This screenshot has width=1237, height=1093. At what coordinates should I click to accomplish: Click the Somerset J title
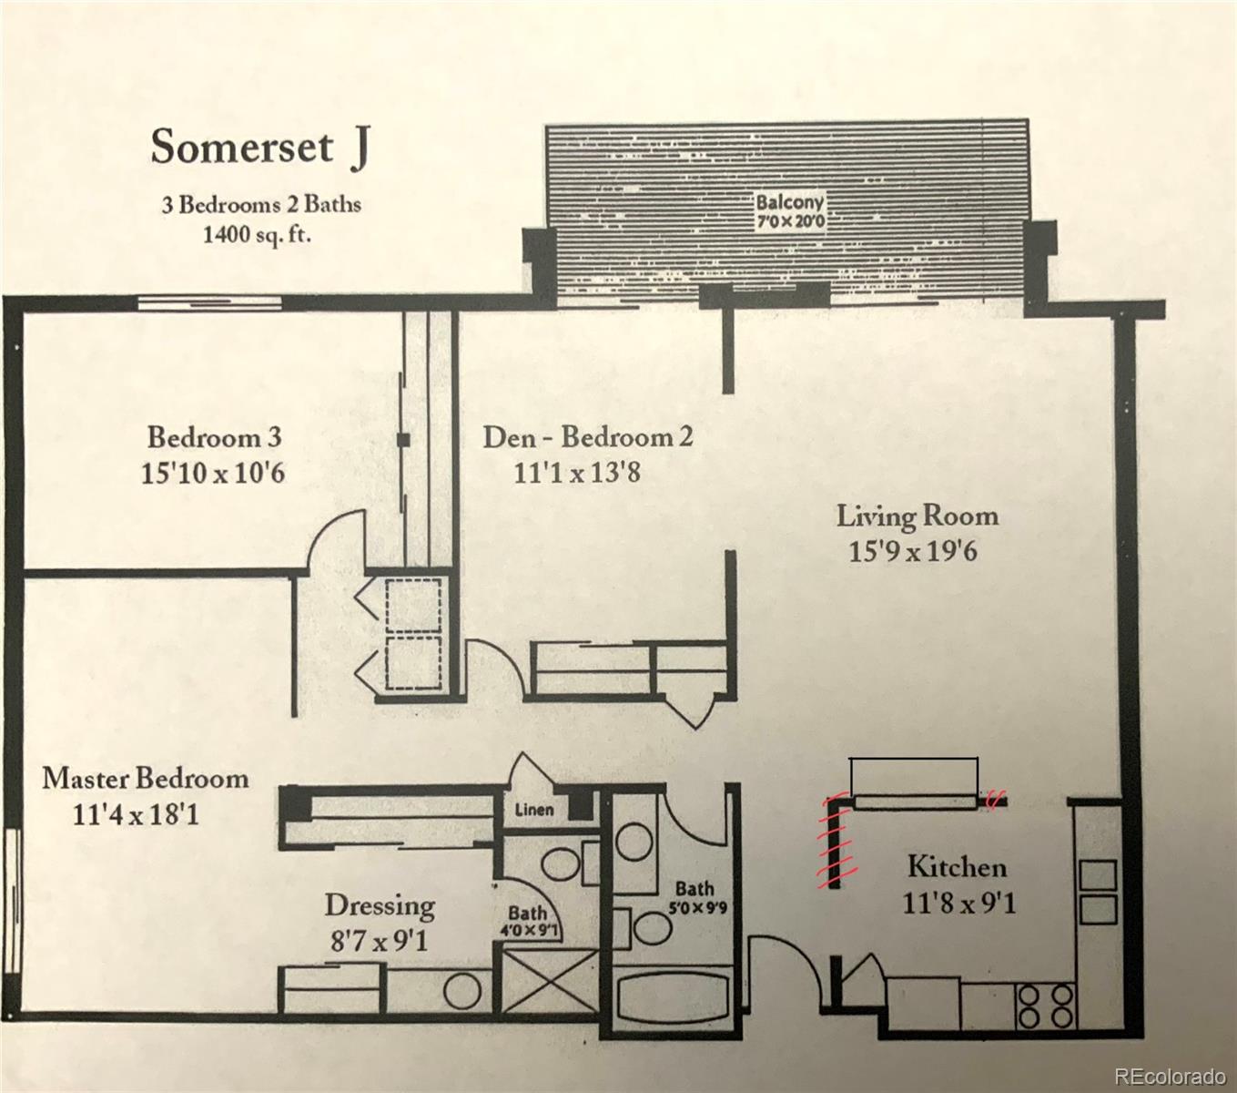259,148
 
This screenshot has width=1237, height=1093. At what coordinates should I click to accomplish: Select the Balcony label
789,201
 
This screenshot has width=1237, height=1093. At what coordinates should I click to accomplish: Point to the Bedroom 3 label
214,437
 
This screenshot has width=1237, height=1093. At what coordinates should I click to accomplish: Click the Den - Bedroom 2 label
587,437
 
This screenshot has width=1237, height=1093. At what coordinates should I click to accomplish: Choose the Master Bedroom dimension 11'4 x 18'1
136,813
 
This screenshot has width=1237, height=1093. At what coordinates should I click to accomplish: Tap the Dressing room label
380,905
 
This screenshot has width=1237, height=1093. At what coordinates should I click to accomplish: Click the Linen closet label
533,809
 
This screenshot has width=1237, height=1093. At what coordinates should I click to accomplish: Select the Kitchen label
957,865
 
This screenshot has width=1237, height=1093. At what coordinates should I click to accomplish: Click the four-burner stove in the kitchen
1046,1006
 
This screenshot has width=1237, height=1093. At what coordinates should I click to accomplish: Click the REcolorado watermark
1170,1077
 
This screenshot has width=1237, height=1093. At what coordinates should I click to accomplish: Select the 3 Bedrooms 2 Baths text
261,204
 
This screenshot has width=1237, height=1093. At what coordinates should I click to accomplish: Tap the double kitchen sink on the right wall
1097,891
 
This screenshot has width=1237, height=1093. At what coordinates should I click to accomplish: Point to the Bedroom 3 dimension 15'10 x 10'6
213,474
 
